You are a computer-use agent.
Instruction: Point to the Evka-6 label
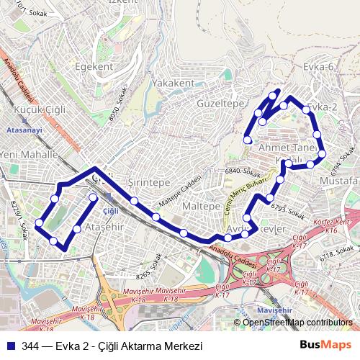pos(320,67)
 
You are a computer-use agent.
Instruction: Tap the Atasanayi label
pos(24,130)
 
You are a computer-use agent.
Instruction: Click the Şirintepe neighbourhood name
pos(148,183)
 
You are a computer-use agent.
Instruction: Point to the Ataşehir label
pos(105,228)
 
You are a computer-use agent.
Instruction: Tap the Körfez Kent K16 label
pos(330,227)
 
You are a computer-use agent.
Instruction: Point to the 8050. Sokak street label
pos(117,109)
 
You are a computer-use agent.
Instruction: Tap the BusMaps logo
pos(331,345)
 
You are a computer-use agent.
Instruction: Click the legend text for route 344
pos(112,345)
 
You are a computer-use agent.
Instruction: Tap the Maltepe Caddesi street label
pos(178,196)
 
